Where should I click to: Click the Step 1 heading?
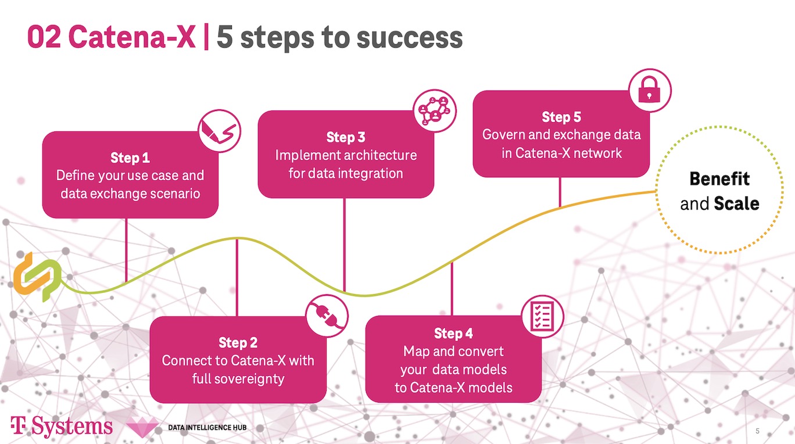click(x=130, y=158)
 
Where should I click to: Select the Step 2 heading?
click(x=238, y=342)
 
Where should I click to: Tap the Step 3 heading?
click(x=346, y=138)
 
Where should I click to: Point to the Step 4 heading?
click(x=453, y=334)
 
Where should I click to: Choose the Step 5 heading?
click(x=561, y=117)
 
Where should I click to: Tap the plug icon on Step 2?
click(x=327, y=316)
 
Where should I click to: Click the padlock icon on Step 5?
click(x=650, y=91)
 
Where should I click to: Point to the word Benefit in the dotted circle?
click(x=719, y=178)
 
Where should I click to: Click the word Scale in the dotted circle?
click(x=736, y=204)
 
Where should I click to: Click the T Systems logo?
click(x=61, y=427)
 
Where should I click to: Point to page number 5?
click(x=757, y=431)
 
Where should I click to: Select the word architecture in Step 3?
click(x=380, y=155)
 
